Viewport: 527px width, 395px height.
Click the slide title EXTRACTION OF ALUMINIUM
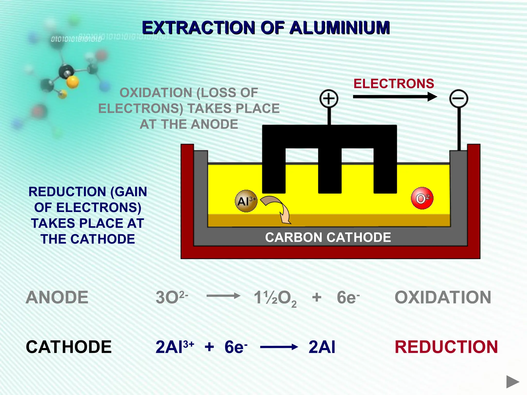(266, 28)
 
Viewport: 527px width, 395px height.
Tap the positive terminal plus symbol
(329, 98)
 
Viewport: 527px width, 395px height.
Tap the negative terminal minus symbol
(459, 98)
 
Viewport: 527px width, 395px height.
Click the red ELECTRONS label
(394, 84)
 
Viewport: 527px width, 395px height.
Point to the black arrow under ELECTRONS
(395, 97)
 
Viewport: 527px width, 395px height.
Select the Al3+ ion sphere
(246, 201)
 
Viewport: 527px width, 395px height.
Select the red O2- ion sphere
(422, 198)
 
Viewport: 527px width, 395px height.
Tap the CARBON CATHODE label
(328, 237)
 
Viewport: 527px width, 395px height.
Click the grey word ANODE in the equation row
(57, 297)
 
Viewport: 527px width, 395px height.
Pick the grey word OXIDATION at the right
(443, 297)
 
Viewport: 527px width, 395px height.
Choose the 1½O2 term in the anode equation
(275, 298)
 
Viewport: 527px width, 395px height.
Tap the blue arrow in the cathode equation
(279, 347)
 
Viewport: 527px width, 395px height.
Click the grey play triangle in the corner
(512, 382)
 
